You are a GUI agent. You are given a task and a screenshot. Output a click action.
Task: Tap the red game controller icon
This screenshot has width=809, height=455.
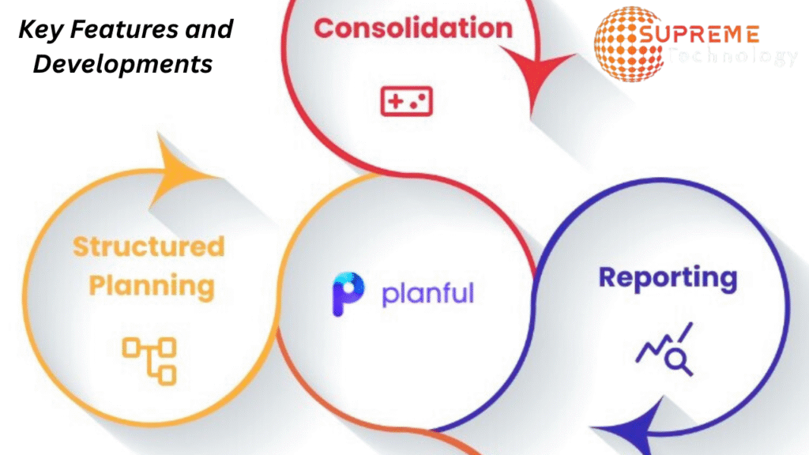tap(406, 101)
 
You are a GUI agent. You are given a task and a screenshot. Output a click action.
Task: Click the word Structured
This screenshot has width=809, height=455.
tap(149, 246)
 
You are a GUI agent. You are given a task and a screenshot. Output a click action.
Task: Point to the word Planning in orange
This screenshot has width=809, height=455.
tap(151, 285)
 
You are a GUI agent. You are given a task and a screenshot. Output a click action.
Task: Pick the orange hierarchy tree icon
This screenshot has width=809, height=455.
tap(149, 359)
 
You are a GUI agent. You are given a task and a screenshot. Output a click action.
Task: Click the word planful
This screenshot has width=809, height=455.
tap(427, 293)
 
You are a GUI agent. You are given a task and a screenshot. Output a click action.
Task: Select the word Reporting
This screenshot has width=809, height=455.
tap(668, 278)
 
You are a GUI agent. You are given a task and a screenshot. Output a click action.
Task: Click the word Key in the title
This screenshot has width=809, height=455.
tap(40, 30)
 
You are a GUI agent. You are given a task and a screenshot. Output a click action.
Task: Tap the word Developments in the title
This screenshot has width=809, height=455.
tap(122, 63)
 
